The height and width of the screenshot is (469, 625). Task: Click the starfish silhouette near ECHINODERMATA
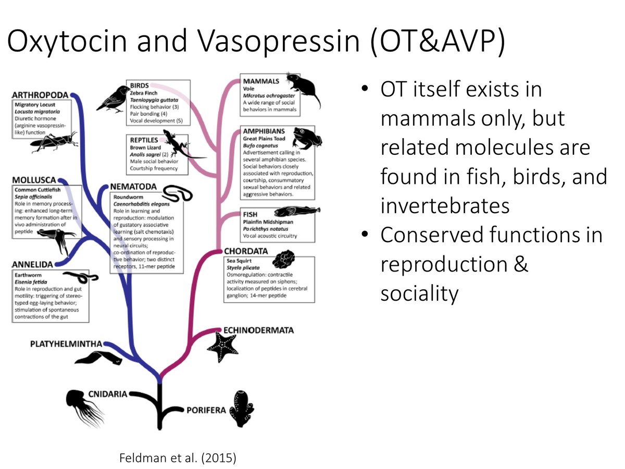221,346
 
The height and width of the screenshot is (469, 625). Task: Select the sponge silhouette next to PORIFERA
244,410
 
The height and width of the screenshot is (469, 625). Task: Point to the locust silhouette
55,142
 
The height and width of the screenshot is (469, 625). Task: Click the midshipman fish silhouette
292,213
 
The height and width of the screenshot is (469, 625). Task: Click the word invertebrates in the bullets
444,206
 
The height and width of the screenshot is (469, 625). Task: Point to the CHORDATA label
246,252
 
